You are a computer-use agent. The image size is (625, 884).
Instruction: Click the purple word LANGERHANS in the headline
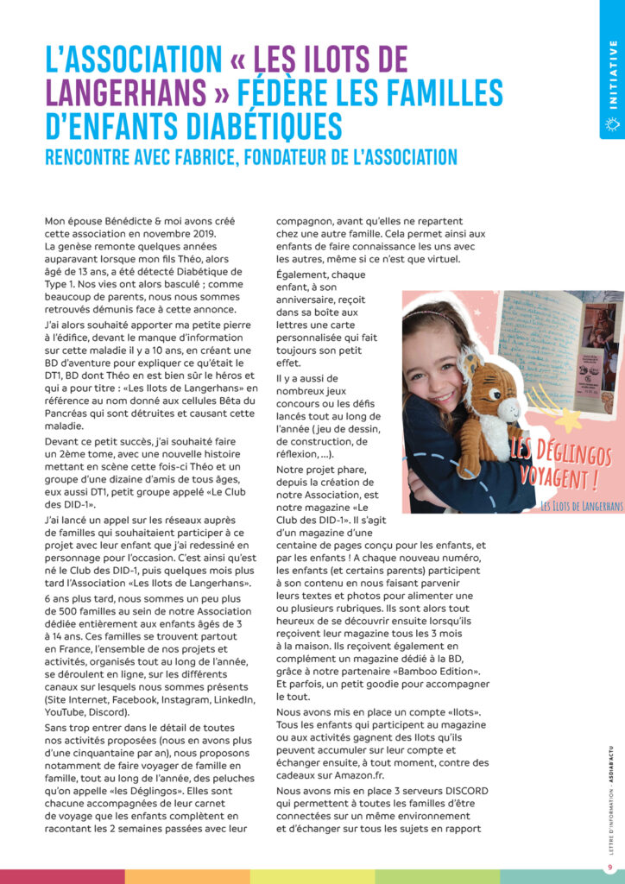coord(126,92)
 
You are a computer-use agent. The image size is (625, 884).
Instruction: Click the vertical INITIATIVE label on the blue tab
coord(613,73)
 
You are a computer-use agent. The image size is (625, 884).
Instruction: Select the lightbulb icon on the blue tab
coord(613,125)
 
